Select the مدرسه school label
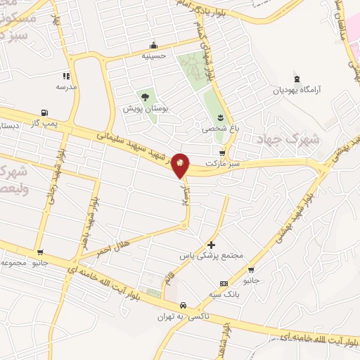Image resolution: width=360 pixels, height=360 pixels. click(x=66, y=86)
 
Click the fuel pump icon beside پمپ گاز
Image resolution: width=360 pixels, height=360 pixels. click(x=45, y=112)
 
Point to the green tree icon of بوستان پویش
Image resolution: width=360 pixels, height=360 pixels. click(x=145, y=96)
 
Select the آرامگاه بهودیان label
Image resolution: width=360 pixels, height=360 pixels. click(x=297, y=90)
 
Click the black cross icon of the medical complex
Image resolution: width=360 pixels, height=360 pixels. click(x=212, y=245)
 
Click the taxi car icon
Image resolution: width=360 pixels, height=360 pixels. click(x=183, y=305)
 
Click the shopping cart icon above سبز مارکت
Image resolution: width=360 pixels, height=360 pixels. click(x=223, y=153)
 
